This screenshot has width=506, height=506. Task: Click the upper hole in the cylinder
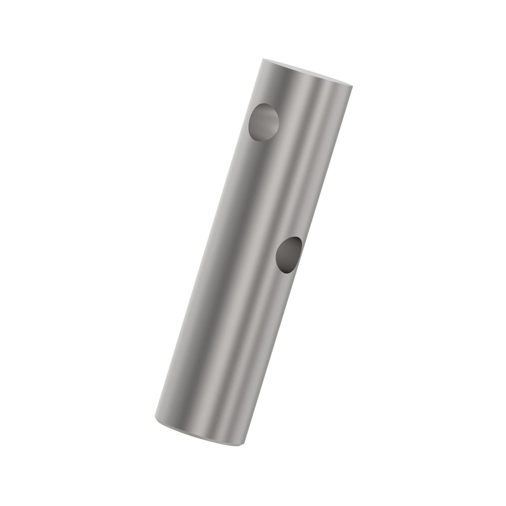[x=263, y=122]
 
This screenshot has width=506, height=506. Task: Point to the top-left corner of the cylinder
[x=263, y=59]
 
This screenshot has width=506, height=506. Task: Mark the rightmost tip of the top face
[x=352, y=86]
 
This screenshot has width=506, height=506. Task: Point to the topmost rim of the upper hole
[x=265, y=103]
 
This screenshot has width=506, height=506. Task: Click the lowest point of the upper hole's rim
[x=259, y=142]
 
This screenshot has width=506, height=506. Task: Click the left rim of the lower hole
[x=276, y=255]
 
